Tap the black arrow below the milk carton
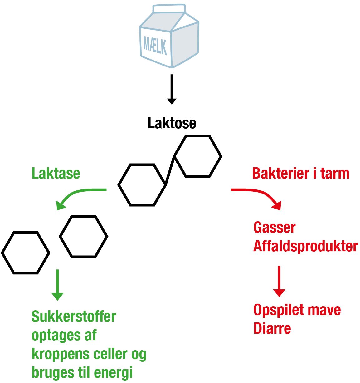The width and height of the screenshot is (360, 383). click(172, 89)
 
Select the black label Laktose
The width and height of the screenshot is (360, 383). click(172, 123)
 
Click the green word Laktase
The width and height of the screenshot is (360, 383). click(56, 173)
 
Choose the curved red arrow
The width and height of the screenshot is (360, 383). click(259, 195)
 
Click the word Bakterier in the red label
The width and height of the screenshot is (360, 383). click(281, 173)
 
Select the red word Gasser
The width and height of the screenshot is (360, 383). click(274, 227)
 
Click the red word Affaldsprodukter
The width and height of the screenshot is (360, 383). click(305, 246)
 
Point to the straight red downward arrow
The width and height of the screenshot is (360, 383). click(279, 281)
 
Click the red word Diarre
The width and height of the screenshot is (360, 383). click(272, 328)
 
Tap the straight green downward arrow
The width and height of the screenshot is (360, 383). click(57, 285)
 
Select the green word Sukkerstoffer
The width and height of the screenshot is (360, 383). click(74, 317)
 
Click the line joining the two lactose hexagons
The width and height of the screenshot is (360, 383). click(170, 170)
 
